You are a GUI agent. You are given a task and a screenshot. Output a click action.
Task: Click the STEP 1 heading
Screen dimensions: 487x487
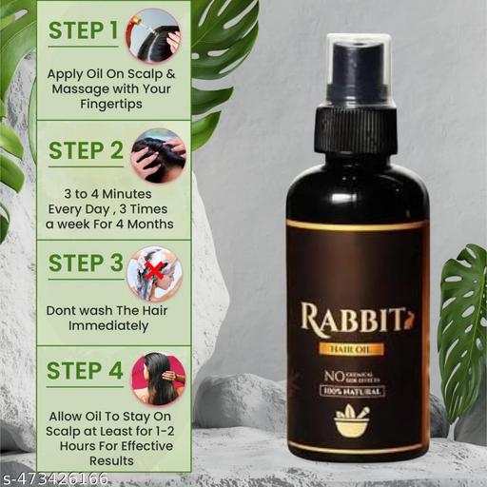(83, 29)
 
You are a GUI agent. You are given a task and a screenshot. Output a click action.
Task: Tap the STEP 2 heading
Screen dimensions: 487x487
(83, 150)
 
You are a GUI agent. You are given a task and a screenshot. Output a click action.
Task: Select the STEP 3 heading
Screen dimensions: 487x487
(83, 263)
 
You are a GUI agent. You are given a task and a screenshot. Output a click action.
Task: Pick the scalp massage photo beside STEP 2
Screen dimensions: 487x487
(158, 154)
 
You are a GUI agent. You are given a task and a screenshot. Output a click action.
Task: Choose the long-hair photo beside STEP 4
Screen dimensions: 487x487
(158, 377)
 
